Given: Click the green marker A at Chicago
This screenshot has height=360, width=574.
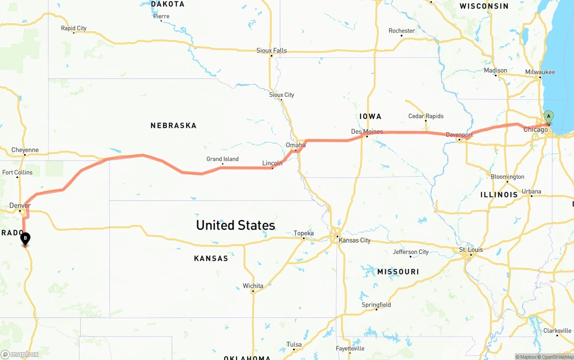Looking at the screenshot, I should [548, 117].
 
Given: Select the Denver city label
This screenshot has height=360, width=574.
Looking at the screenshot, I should [20, 206].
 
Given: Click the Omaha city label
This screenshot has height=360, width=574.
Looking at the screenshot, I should [296, 145].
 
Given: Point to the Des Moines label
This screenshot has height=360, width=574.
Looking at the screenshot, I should [367, 131].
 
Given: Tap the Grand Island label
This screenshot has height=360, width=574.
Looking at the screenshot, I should [222, 159].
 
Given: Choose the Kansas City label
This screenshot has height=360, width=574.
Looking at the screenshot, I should [355, 240].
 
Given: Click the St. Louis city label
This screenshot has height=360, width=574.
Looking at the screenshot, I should [471, 250].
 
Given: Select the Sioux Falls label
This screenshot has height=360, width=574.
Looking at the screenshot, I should [271, 51].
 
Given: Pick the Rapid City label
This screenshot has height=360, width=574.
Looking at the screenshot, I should [74, 28].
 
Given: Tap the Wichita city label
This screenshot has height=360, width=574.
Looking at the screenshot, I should [253, 286].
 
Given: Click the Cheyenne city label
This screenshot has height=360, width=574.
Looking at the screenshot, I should [25, 150].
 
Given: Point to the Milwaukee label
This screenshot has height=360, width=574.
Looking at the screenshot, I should [540, 72].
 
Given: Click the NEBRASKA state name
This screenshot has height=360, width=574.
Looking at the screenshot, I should [174, 126].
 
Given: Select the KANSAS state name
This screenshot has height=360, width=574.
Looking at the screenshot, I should [211, 258].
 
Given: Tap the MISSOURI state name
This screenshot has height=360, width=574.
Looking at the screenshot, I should [398, 272].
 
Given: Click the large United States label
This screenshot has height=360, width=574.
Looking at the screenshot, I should [235, 225].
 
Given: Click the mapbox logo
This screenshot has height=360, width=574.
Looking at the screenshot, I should [20, 354].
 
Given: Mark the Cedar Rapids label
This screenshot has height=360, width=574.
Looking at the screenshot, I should [426, 116].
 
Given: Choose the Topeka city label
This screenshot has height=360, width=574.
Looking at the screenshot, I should [304, 233].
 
